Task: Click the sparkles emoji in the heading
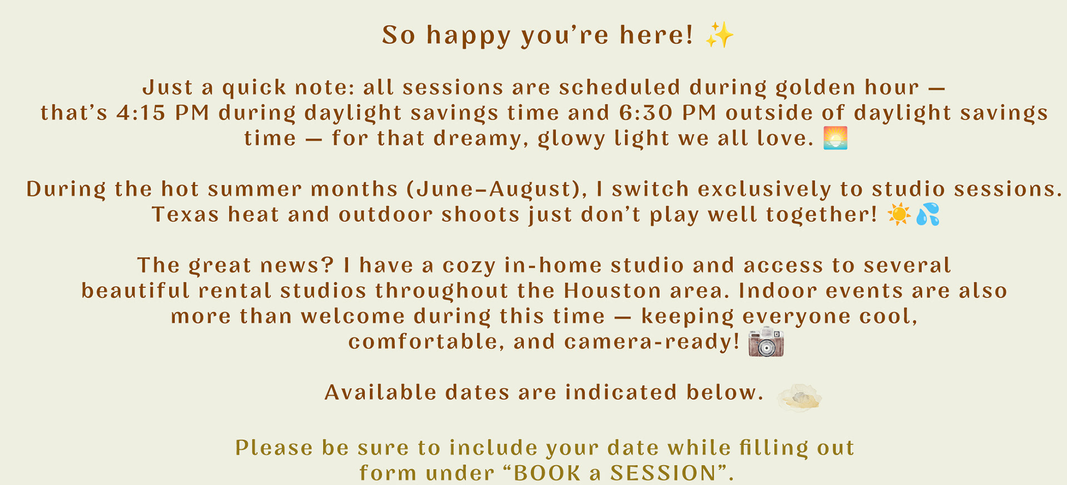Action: coord(720,34)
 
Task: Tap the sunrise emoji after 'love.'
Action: coord(835,138)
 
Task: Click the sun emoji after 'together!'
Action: coord(899,214)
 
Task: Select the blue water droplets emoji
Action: coord(928,214)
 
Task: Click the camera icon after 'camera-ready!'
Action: coord(766,342)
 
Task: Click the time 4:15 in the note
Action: coord(141,113)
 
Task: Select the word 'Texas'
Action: coord(186,215)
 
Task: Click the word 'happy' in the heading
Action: coord(468,36)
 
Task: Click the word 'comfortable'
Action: coord(423,342)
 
